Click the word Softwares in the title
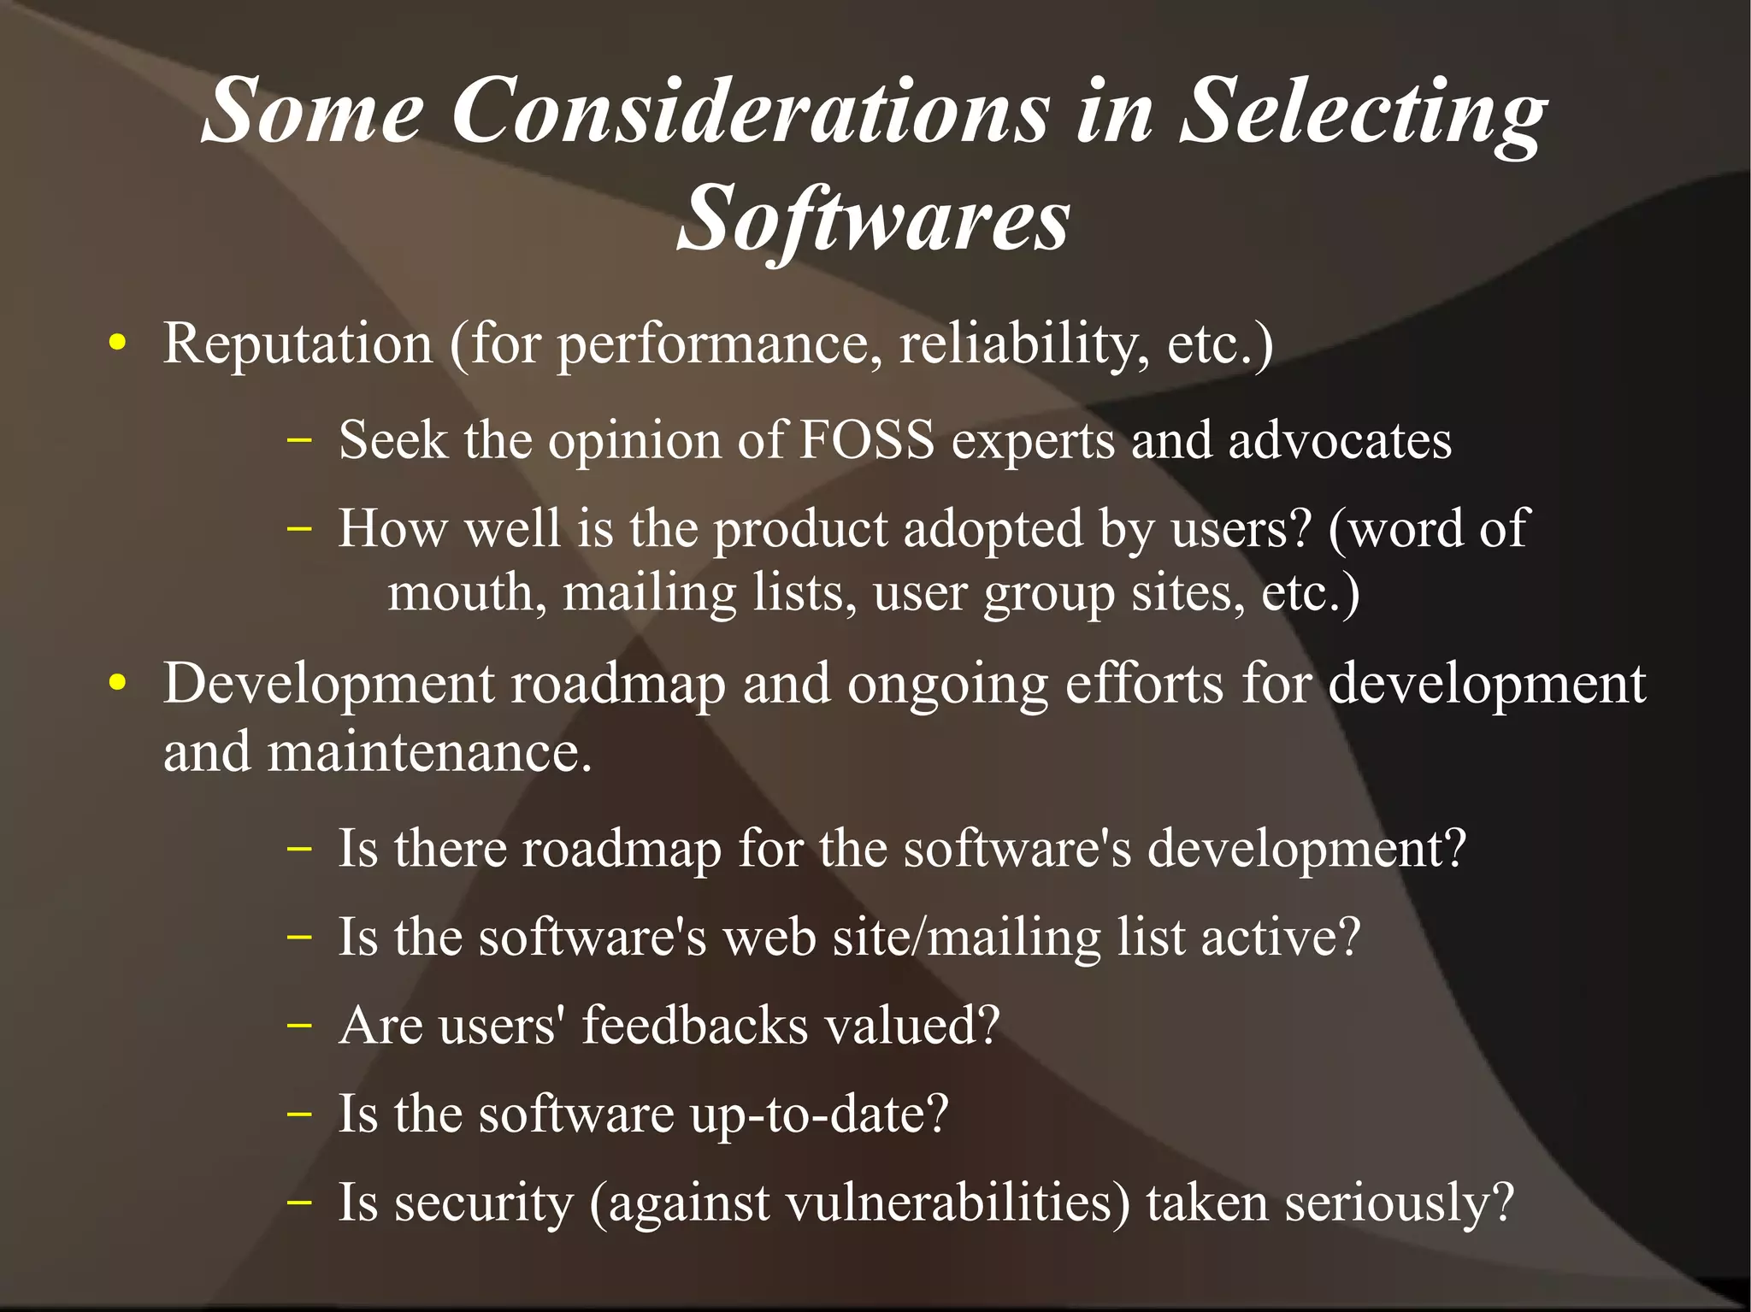pyautogui.click(x=873, y=219)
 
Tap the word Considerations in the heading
pyautogui.click(x=750, y=111)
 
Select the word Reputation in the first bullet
pyautogui.click(x=298, y=344)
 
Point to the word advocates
pyautogui.click(x=1340, y=441)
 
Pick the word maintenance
pyautogui.click(x=427, y=753)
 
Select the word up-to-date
pyautogui.click(x=819, y=1114)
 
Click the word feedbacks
pyautogui.click(x=695, y=1025)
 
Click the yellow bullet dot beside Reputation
pyautogui.click(x=118, y=344)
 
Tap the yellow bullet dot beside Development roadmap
pyautogui.click(x=118, y=684)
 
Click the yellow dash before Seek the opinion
pyautogui.click(x=299, y=442)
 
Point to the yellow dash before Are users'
pyautogui.click(x=299, y=1025)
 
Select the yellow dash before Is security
pyautogui.click(x=299, y=1202)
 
